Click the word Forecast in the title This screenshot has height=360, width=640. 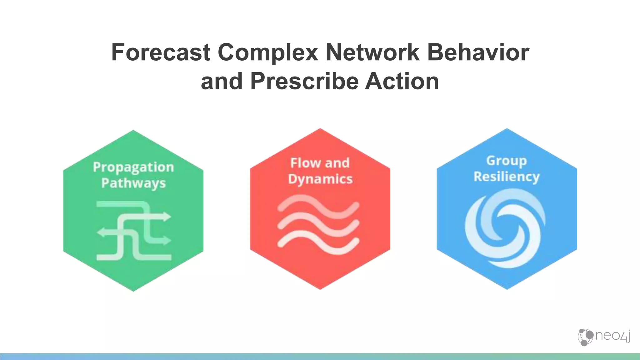pyautogui.click(x=161, y=52)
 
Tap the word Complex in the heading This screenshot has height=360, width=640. pyautogui.click(x=268, y=52)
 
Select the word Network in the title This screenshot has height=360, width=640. pyautogui.click(x=372, y=52)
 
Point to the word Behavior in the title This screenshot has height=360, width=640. pyautogui.click(x=478, y=52)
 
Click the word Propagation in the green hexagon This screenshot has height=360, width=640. pyautogui.click(x=133, y=167)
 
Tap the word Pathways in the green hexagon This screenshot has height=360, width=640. pyautogui.click(x=133, y=183)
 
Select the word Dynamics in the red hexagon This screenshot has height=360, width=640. pyautogui.click(x=320, y=179)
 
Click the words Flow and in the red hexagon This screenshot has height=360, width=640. pyautogui.click(x=320, y=163)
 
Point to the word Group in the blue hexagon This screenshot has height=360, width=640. pyautogui.click(x=507, y=161)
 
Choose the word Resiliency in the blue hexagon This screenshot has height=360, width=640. pyautogui.click(x=507, y=177)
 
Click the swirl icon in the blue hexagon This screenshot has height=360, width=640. pyautogui.click(x=505, y=228)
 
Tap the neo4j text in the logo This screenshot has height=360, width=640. pyautogui.click(x=612, y=336)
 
